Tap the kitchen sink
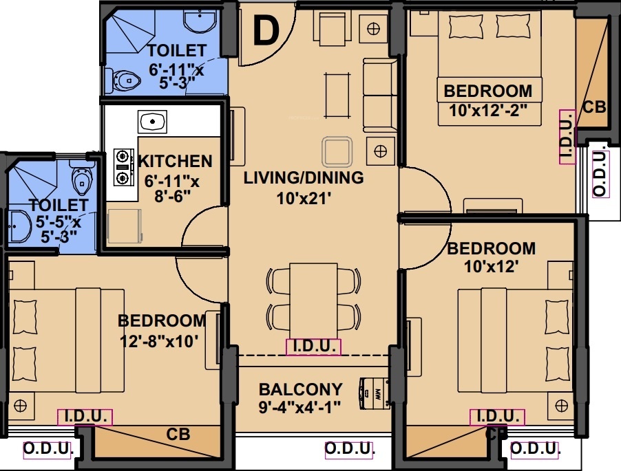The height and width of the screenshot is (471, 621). tap(152, 122)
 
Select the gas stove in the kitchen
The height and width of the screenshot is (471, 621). tap(124, 167)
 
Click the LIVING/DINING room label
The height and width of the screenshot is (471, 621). tap(304, 178)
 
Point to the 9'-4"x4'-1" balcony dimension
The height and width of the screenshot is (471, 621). tap(300, 407)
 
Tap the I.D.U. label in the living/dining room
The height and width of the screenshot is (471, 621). tap(313, 347)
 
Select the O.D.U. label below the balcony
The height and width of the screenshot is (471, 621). tap(349, 449)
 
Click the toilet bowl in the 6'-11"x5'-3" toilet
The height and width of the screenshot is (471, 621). tap(124, 82)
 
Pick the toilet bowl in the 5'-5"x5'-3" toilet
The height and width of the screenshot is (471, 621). tap(82, 179)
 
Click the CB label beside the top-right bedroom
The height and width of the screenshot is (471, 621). tap(593, 107)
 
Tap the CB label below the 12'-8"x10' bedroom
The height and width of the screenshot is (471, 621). tap(178, 435)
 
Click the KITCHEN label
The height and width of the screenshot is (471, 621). tap(176, 162)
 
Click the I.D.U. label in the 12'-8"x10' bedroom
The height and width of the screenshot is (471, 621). tap(85, 417)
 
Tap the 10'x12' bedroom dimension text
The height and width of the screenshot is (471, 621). tap(491, 268)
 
